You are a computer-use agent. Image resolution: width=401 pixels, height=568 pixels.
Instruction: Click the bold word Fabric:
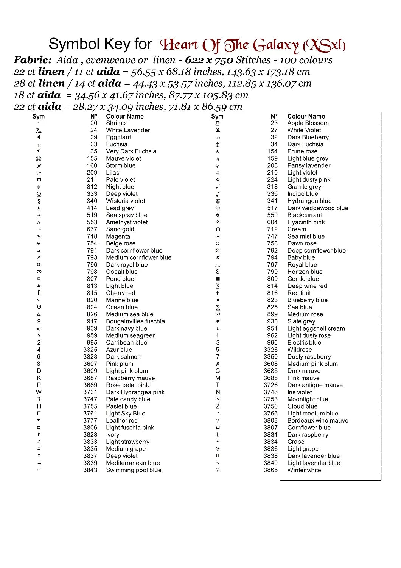click(33, 60)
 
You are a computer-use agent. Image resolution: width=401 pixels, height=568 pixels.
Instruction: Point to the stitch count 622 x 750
click(209, 60)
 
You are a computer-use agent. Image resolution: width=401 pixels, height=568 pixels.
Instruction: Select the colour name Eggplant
click(118, 137)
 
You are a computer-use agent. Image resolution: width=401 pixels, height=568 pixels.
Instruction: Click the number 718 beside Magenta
click(92, 236)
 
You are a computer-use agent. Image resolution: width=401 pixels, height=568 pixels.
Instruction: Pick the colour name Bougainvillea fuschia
click(135, 321)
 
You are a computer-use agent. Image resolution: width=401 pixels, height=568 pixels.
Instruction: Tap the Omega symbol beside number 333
click(39, 194)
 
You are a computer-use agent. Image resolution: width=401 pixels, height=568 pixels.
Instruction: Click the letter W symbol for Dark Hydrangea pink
click(39, 392)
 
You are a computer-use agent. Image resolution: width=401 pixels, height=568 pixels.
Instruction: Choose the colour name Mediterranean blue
click(133, 463)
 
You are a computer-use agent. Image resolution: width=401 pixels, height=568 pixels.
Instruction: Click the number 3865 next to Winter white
click(270, 470)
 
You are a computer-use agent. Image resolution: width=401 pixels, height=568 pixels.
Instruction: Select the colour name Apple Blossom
click(308, 123)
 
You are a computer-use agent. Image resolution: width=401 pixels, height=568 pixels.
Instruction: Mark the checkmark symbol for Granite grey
click(218, 187)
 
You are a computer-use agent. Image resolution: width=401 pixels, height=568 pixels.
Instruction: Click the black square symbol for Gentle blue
click(218, 279)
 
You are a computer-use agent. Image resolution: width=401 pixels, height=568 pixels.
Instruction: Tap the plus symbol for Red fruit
click(218, 293)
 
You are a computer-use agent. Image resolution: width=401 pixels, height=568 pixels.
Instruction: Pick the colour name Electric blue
click(304, 342)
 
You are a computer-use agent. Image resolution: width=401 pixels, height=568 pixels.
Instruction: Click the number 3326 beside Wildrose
click(270, 350)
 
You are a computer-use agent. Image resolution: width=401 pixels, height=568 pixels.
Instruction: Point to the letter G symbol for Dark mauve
click(218, 371)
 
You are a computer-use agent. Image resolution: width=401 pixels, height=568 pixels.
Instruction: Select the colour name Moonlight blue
click(308, 399)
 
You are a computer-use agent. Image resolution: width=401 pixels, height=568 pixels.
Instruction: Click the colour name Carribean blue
click(126, 342)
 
